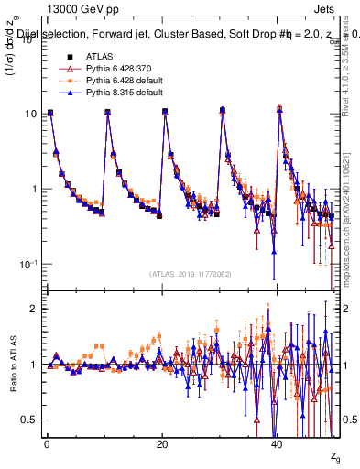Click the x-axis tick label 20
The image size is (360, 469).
coord(161,444)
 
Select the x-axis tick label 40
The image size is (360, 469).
coord(277,444)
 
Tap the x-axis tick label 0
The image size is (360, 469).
coord(46,444)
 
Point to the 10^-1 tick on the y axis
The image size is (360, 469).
coord(27,264)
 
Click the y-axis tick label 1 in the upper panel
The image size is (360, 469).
coord(36,189)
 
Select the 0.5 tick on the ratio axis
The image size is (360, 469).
coord(30,420)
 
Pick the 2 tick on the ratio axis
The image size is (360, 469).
coord(36,309)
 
